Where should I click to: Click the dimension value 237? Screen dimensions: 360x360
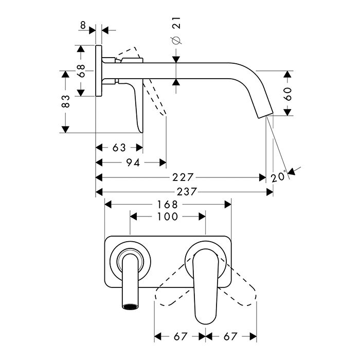pyautogui.click(x=187, y=191)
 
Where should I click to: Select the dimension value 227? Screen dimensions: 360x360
pyautogui.click(x=183, y=177)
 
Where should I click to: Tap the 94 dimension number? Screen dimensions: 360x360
pyautogui.click(x=133, y=163)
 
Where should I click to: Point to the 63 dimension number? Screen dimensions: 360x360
pyautogui.click(x=119, y=148)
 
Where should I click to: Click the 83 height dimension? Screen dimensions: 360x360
pyautogui.click(x=66, y=101)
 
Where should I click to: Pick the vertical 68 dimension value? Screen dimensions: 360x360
pyautogui.click(x=81, y=71)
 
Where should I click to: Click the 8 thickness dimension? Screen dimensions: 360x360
pyautogui.click(x=83, y=25)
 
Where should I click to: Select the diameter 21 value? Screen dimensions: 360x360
pyautogui.click(x=176, y=23)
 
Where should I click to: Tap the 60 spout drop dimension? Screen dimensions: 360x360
pyautogui.click(x=287, y=94)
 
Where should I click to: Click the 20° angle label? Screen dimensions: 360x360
pyautogui.click(x=279, y=176)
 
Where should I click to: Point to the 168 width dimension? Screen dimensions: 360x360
pyautogui.click(x=168, y=204)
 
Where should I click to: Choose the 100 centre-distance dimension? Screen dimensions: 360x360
pyautogui.click(x=168, y=217)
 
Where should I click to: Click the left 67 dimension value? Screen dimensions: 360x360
pyautogui.click(x=181, y=337)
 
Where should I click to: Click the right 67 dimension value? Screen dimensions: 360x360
pyautogui.click(x=230, y=337)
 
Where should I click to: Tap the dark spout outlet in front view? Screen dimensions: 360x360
pyautogui.click(x=131, y=307)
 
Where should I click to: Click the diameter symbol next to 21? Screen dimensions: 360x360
pyautogui.click(x=176, y=40)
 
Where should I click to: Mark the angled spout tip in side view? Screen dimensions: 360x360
pyautogui.click(x=266, y=115)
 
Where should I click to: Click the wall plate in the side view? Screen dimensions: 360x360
pyautogui.click(x=99, y=71)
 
